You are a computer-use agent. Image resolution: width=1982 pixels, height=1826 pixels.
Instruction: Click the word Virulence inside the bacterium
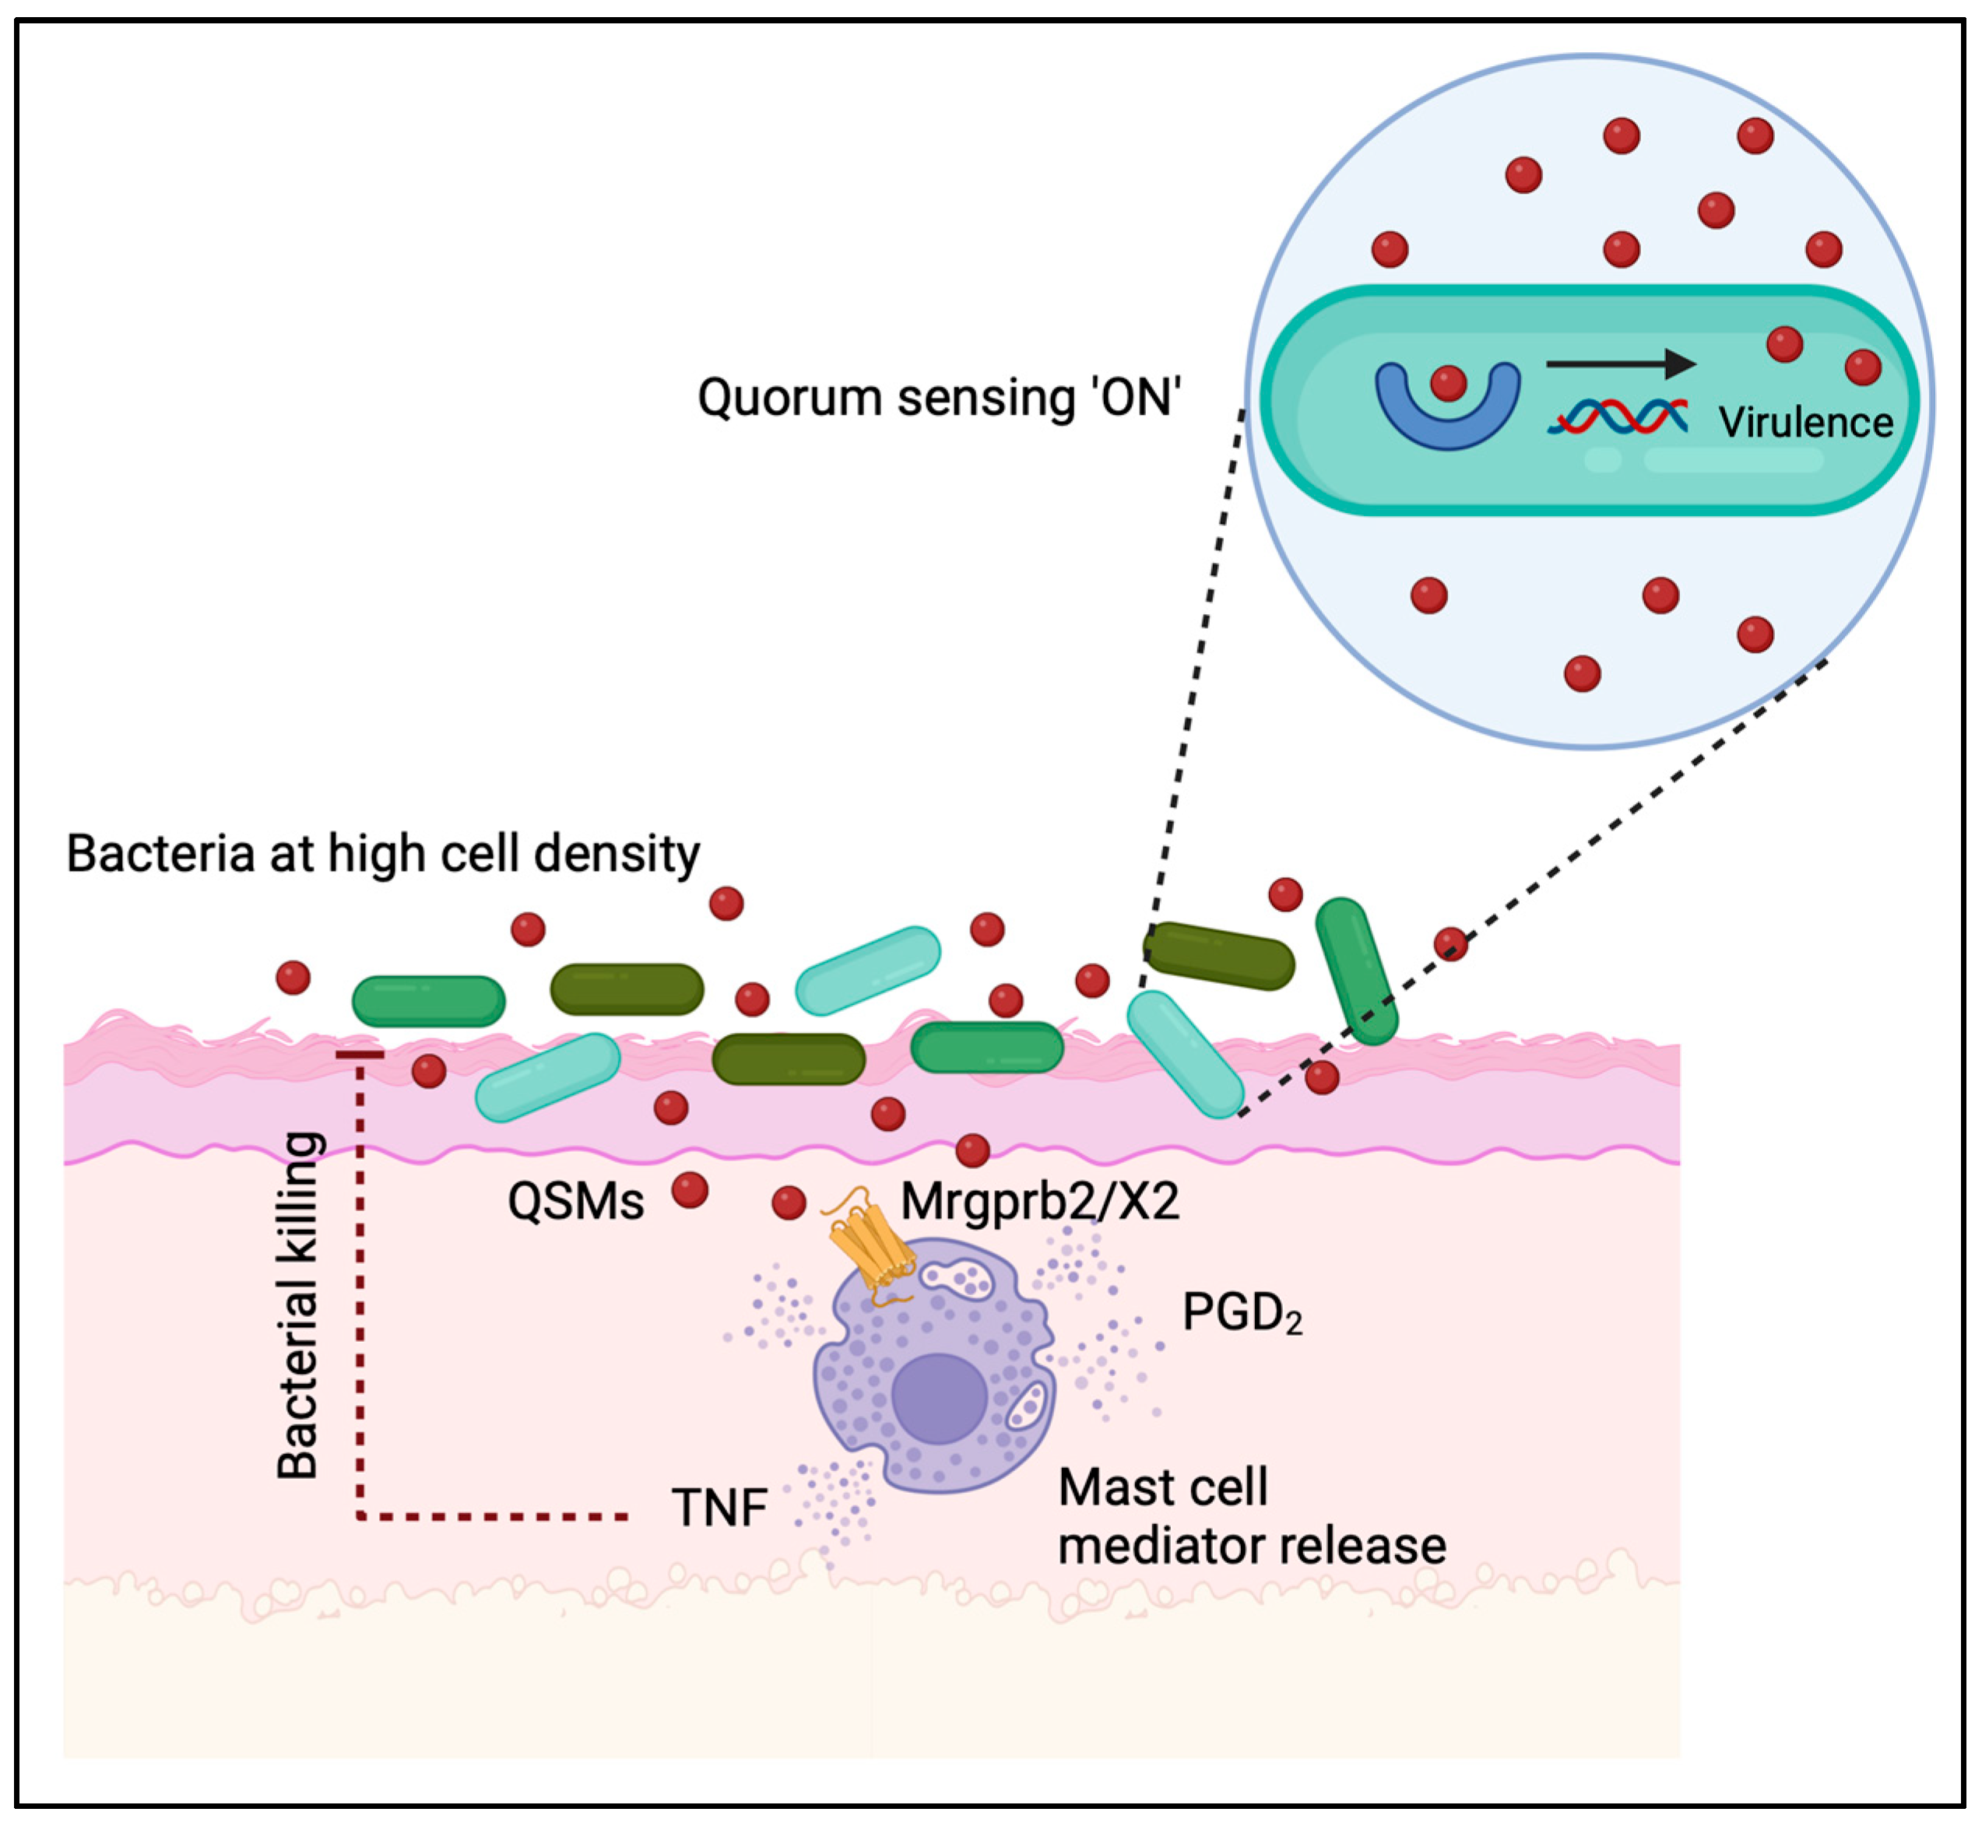[x=1805, y=423]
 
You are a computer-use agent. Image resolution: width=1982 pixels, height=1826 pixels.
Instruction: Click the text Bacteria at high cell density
[x=382, y=853]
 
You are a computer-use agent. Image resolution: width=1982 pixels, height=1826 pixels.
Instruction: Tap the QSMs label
[x=575, y=1203]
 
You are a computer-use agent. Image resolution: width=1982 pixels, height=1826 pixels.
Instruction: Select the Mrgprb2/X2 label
[x=1039, y=1203]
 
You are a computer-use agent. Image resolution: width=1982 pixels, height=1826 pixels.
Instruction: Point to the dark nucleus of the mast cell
[x=939, y=1398]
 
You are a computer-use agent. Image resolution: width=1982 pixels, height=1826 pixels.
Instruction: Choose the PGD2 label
[x=1241, y=1313]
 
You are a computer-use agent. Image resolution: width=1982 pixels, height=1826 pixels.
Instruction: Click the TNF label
[x=719, y=1508]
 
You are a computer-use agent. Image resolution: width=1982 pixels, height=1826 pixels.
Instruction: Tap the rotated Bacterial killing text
[x=297, y=1305]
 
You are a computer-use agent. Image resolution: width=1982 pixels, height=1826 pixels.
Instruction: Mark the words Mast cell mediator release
[x=1250, y=1517]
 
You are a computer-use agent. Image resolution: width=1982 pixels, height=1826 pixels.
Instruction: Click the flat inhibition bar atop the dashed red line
[x=360, y=1055]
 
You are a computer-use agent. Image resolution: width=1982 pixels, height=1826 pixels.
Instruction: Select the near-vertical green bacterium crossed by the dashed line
[x=1355, y=971]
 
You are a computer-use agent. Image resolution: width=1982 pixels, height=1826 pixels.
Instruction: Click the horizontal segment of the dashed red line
[x=494, y=1515]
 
